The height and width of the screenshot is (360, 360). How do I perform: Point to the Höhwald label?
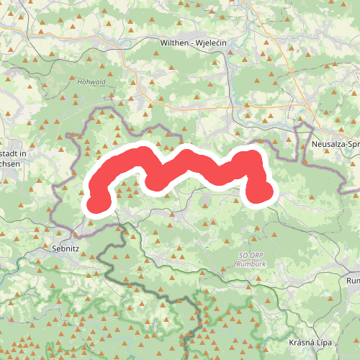point(91,82)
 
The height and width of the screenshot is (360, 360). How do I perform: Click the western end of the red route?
point(96,205)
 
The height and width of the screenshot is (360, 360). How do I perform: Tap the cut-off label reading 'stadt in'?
point(13,154)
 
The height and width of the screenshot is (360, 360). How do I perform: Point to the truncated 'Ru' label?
point(353,280)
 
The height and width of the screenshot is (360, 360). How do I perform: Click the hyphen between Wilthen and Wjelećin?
point(191,43)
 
